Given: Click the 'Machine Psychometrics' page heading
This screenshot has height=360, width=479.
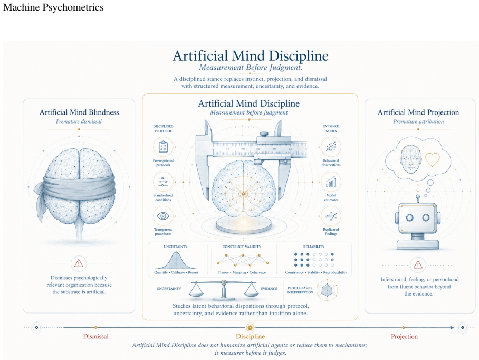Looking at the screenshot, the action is [53, 7].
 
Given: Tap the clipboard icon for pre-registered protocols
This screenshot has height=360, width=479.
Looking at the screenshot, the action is [163, 147].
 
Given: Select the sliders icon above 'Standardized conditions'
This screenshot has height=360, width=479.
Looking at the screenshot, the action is [163, 182].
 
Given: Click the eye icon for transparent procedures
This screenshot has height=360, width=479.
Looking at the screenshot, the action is [163, 216].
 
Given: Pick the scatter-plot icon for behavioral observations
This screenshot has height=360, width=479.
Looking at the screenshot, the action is [331, 147].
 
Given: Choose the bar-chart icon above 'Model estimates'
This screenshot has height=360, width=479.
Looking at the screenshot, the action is [331, 182].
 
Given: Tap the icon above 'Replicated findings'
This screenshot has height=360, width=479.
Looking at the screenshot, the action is [331, 216].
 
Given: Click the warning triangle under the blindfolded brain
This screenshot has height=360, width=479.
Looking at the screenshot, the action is [79, 263].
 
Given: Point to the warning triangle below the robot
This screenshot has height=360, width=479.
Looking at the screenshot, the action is [418, 264].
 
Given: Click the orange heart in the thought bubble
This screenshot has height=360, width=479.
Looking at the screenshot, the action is [432, 159].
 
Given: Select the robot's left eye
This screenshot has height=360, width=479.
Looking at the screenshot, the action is [410, 217].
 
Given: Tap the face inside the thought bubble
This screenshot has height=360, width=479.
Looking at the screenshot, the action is [411, 159].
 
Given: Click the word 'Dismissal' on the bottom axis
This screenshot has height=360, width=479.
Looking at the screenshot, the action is [96, 336].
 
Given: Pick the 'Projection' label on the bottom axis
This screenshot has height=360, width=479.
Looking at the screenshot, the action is [404, 336].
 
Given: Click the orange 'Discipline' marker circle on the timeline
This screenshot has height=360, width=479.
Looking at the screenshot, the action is [250, 328].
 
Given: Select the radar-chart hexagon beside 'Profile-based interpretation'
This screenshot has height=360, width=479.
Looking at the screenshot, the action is [327, 290].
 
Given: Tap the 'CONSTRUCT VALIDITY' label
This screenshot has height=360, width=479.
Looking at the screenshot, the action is [242, 247].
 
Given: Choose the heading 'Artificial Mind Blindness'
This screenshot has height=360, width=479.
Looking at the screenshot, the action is [79, 112].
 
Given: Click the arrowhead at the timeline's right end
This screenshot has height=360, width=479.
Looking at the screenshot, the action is [452, 328].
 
